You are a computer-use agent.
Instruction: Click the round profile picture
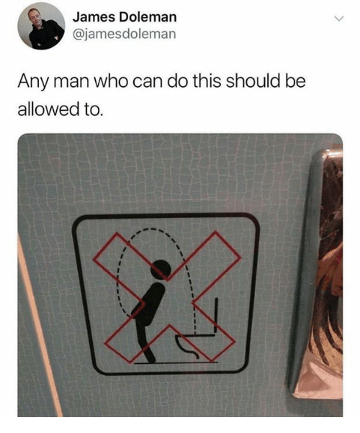pos(41,26)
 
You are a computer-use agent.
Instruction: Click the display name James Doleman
pos(125,17)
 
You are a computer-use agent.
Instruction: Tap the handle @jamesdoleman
pos(124,34)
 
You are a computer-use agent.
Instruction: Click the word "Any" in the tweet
pos(33,81)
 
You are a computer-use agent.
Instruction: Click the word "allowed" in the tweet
pos(47,109)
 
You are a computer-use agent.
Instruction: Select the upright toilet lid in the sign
pos(216,315)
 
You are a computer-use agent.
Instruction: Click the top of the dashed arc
pos(150,229)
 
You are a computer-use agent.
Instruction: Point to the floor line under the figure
pos(176,363)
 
